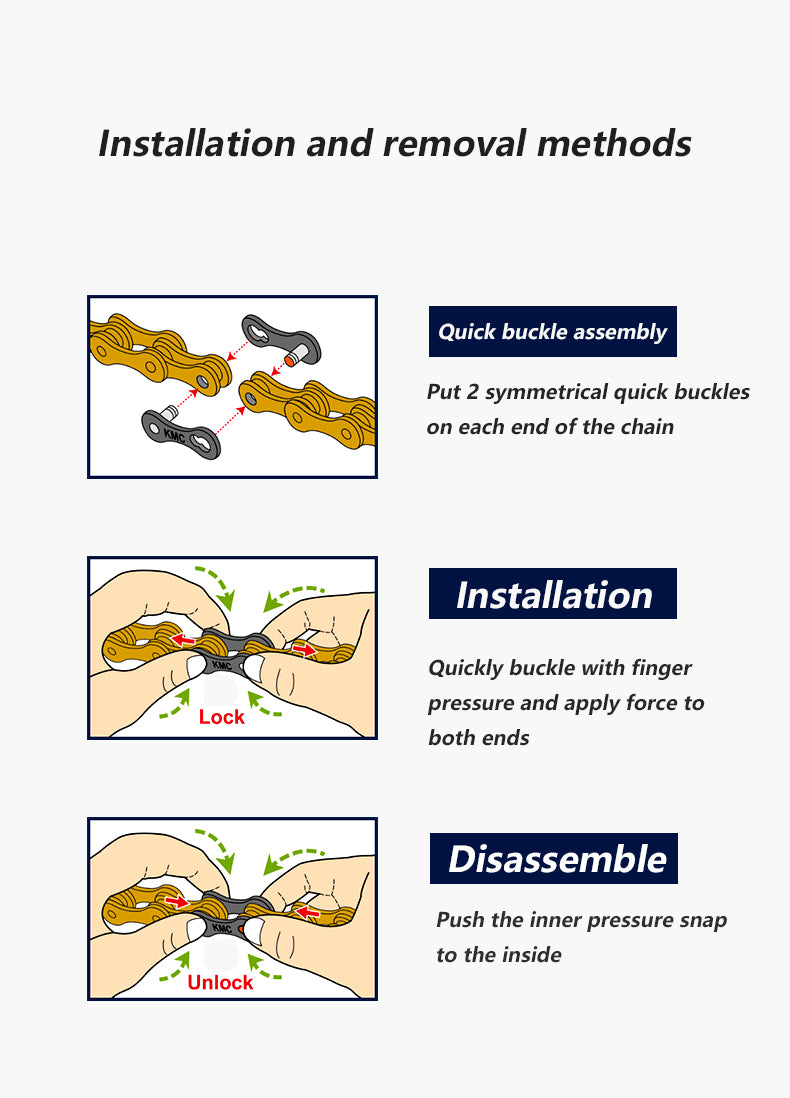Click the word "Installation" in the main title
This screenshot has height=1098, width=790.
197,143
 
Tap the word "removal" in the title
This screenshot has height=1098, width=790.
453,143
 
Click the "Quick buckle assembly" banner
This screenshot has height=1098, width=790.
553,331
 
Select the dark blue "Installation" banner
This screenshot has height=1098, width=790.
553,594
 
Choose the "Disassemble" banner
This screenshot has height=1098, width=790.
553,859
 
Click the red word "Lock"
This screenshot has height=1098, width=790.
221,717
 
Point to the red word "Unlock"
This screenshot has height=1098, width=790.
220,982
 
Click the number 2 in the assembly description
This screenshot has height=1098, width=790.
473,391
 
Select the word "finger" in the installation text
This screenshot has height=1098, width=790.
661,668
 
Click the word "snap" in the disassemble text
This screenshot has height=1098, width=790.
702,920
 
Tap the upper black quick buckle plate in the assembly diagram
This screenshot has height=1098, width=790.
282,338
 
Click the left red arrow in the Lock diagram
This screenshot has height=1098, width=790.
183,640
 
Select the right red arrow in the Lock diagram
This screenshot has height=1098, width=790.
304,650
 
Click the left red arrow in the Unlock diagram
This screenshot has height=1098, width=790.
177,901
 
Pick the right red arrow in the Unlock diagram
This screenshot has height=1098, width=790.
307,912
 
